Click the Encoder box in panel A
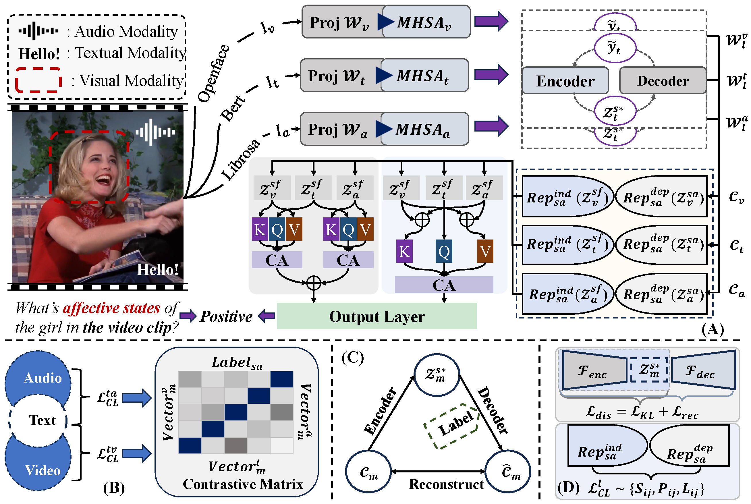click(x=565, y=80)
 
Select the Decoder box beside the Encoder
click(x=662, y=80)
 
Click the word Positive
click(x=226, y=316)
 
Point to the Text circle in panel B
click(x=38, y=420)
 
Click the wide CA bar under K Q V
click(x=444, y=285)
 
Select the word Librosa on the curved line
click(x=240, y=159)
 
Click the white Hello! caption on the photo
click(x=157, y=269)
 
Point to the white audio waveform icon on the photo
click(x=155, y=132)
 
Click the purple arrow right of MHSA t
click(x=491, y=75)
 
